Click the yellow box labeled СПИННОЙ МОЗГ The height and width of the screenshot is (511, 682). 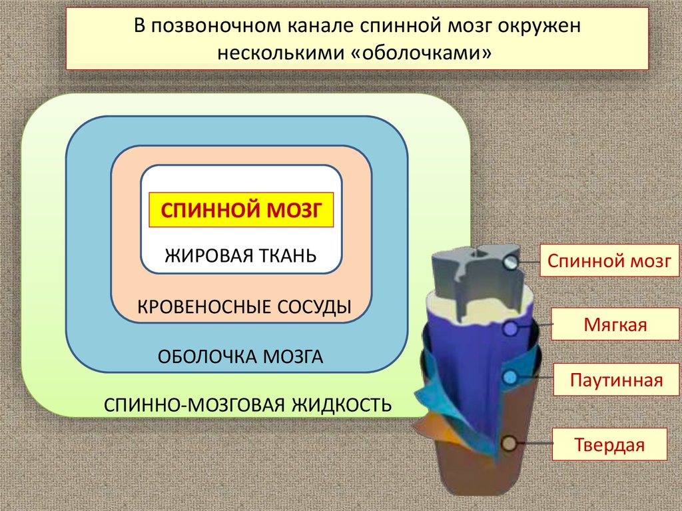click(x=240, y=211)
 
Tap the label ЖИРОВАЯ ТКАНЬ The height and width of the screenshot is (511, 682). click(x=240, y=255)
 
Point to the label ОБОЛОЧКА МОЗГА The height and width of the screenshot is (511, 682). click(x=240, y=356)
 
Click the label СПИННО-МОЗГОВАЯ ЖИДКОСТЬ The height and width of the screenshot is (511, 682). click(x=247, y=404)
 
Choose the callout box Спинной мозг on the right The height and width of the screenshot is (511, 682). click(x=609, y=260)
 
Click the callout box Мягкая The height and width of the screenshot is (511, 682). click(x=609, y=326)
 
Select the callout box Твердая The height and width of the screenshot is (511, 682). click(x=609, y=445)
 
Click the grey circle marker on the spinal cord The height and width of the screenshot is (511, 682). click(x=511, y=263)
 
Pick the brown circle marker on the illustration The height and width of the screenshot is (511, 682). click(x=509, y=443)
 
